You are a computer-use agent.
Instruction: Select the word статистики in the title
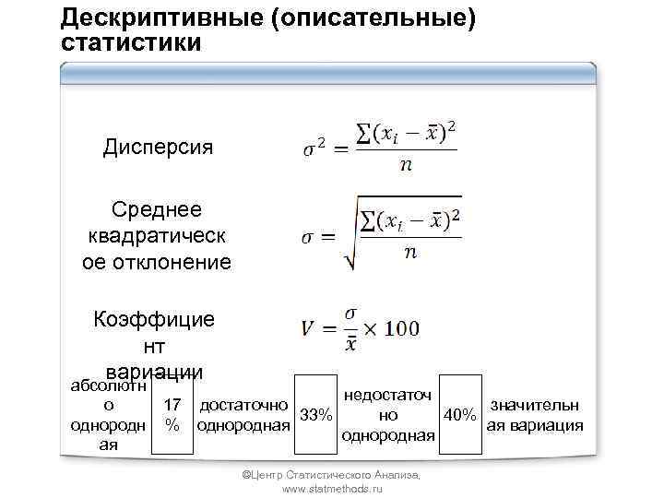(129, 42)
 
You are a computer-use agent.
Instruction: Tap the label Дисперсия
(158, 148)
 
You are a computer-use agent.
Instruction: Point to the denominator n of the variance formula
(406, 167)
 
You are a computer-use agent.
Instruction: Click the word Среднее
(157, 210)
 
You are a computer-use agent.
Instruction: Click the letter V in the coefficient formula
(311, 329)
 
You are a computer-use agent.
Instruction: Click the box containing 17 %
(172, 415)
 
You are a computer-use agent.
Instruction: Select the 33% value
(316, 415)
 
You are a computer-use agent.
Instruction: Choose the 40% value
(460, 415)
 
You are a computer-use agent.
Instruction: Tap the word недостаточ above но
(386, 396)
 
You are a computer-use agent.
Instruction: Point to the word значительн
(535, 405)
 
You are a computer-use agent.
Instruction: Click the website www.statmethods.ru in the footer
(331, 489)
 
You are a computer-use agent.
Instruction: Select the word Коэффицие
(154, 319)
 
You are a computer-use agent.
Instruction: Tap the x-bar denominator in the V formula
(351, 342)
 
